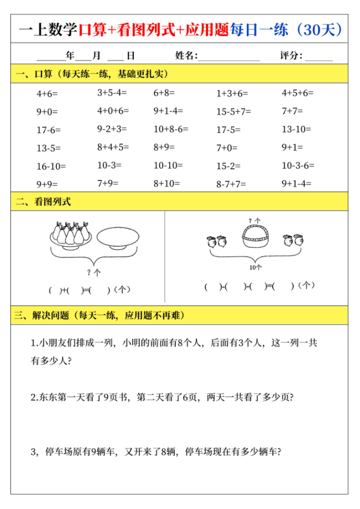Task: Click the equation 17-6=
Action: point(48,130)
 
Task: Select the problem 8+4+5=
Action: point(113,147)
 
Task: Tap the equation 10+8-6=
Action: point(171,129)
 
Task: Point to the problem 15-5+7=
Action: point(234,112)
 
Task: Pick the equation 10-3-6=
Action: point(298,166)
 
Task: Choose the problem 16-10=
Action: point(51,166)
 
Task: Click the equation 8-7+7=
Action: point(231,184)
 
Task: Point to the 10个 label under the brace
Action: point(256,267)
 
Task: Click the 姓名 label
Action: point(185,55)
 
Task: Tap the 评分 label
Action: point(291,55)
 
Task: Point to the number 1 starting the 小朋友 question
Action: point(33,343)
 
